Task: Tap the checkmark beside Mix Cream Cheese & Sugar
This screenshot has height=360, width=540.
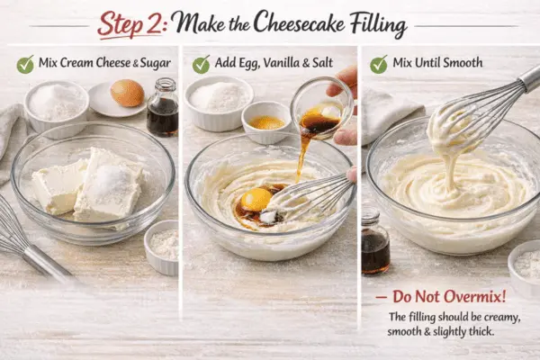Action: [25, 64]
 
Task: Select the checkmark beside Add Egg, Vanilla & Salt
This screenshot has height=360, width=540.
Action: [201, 64]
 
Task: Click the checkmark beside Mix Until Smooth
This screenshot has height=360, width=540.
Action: [379, 64]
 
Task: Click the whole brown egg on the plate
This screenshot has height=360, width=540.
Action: [127, 93]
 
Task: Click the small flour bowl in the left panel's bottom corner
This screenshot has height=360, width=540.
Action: [162, 245]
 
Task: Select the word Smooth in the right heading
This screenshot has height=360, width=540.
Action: [463, 64]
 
